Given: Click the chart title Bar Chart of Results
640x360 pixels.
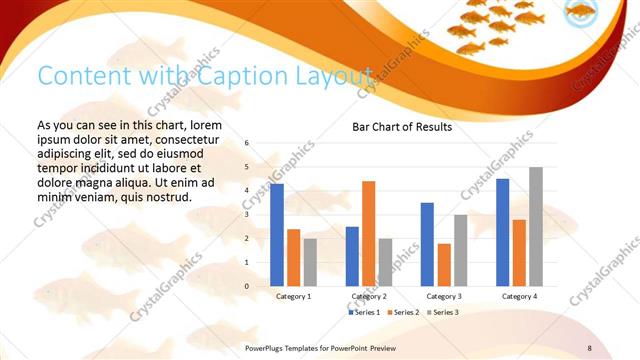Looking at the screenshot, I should [x=402, y=128].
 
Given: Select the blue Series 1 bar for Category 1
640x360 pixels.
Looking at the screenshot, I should [x=277, y=235].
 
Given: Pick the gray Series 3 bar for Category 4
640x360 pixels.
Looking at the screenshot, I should [x=536, y=226].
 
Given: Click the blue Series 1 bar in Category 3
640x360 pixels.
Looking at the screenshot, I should [x=427, y=244].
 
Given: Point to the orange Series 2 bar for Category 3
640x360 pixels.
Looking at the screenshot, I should [x=443, y=264].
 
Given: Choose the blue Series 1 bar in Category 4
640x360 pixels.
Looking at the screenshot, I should [x=502, y=232].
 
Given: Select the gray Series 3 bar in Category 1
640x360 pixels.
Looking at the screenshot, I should [x=310, y=262].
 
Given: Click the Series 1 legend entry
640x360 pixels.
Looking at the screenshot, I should [x=364, y=313].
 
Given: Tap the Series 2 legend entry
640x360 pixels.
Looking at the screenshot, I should [x=402, y=313].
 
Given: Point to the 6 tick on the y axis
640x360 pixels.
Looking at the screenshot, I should [x=246, y=143].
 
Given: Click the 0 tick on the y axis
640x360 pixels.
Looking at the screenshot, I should [x=246, y=286].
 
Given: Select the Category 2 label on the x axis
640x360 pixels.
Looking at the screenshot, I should [x=368, y=297].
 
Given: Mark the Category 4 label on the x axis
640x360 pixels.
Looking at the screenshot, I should [x=519, y=297].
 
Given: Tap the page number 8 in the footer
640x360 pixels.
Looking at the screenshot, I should [x=589, y=347].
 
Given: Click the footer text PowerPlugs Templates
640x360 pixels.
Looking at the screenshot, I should [x=290, y=347].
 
